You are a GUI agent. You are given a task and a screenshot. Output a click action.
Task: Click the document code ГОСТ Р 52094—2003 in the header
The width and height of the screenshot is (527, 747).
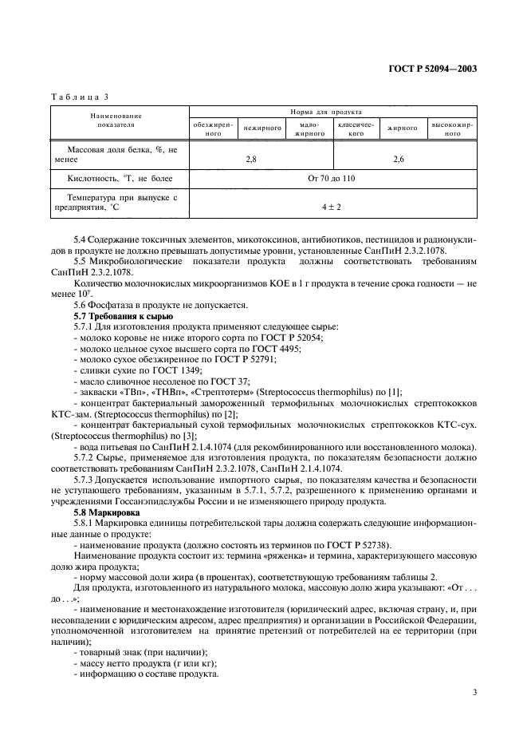click(x=438, y=69)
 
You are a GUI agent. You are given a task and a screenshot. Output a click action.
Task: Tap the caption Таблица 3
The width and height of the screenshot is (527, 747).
click(x=79, y=97)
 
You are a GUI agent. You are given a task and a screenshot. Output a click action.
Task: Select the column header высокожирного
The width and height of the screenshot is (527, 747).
click(x=452, y=129)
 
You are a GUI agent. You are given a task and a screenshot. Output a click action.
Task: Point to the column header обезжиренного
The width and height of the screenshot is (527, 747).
click(x=210, y=129)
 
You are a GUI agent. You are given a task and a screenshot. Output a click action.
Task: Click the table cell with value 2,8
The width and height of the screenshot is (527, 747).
click(x=251, y=160)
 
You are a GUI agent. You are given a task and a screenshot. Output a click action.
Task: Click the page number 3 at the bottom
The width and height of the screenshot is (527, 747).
click(x=474, y=691)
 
